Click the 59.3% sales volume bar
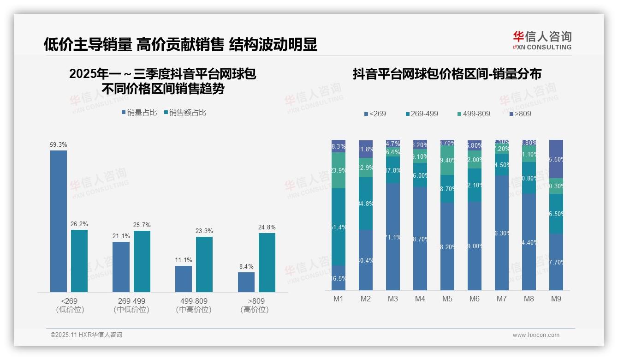point(59,221)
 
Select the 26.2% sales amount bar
point(79,261)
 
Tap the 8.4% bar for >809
point(246,282)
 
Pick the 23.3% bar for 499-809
point(204,264)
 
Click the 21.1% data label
point(121,236)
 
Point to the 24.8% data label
point(267,228)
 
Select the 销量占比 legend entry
point(139,113)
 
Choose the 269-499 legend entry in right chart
point(422,114)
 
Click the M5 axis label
point(447,299)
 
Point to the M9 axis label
point(556,299)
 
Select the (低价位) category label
point(70,310)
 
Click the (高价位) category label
point(255,310)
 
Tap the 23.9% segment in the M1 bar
point(339,170)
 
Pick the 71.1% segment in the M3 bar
point(393,237)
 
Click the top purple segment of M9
point(556,159)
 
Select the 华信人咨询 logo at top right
point(542,40)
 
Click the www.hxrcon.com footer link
point(536,335)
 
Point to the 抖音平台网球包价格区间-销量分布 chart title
point(447,74)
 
